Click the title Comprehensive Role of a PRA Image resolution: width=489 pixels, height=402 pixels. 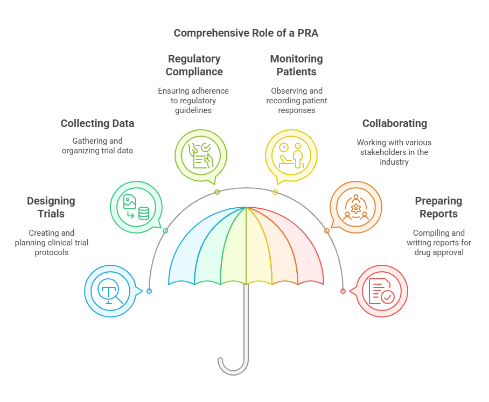pos(246,33)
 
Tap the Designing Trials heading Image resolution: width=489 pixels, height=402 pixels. pos(51,207)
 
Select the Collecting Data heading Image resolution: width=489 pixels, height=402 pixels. pos(97,123)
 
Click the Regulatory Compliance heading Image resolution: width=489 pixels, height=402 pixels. pos(194,65)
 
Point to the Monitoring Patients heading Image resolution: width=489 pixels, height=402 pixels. pos(296,65)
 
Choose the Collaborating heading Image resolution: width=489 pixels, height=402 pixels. pos(394,123)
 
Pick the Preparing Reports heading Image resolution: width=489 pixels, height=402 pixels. pos(438,207)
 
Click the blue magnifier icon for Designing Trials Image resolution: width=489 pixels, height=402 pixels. pos(110,292)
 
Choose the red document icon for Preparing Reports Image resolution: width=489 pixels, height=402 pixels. pos(381,292)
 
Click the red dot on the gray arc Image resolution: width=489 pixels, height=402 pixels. pos(343,291)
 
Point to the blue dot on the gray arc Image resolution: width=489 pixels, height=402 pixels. pos(149,291)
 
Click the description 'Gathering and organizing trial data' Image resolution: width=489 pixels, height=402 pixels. pos(97,145)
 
